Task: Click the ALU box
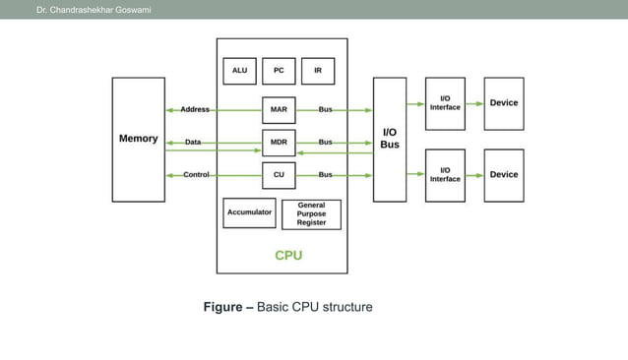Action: [240, 71]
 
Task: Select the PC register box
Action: [279, 71]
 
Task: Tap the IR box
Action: [318, 71]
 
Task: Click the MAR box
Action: [279, 109]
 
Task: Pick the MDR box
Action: [279, 143]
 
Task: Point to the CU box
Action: [279, 175]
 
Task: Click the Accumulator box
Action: [249, 212]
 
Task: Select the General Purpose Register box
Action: [311, 214]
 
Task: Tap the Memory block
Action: [138, 139]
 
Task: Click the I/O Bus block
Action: [390, 139]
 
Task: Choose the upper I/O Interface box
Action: [445, 103]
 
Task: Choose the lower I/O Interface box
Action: [445, 175]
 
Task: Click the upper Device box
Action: [504, 103]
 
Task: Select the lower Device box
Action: [504, 175]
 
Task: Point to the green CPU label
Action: [288, 255]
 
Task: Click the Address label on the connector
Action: [194, 109]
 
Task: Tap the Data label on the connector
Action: [193, 143]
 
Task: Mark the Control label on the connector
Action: [196, 175]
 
